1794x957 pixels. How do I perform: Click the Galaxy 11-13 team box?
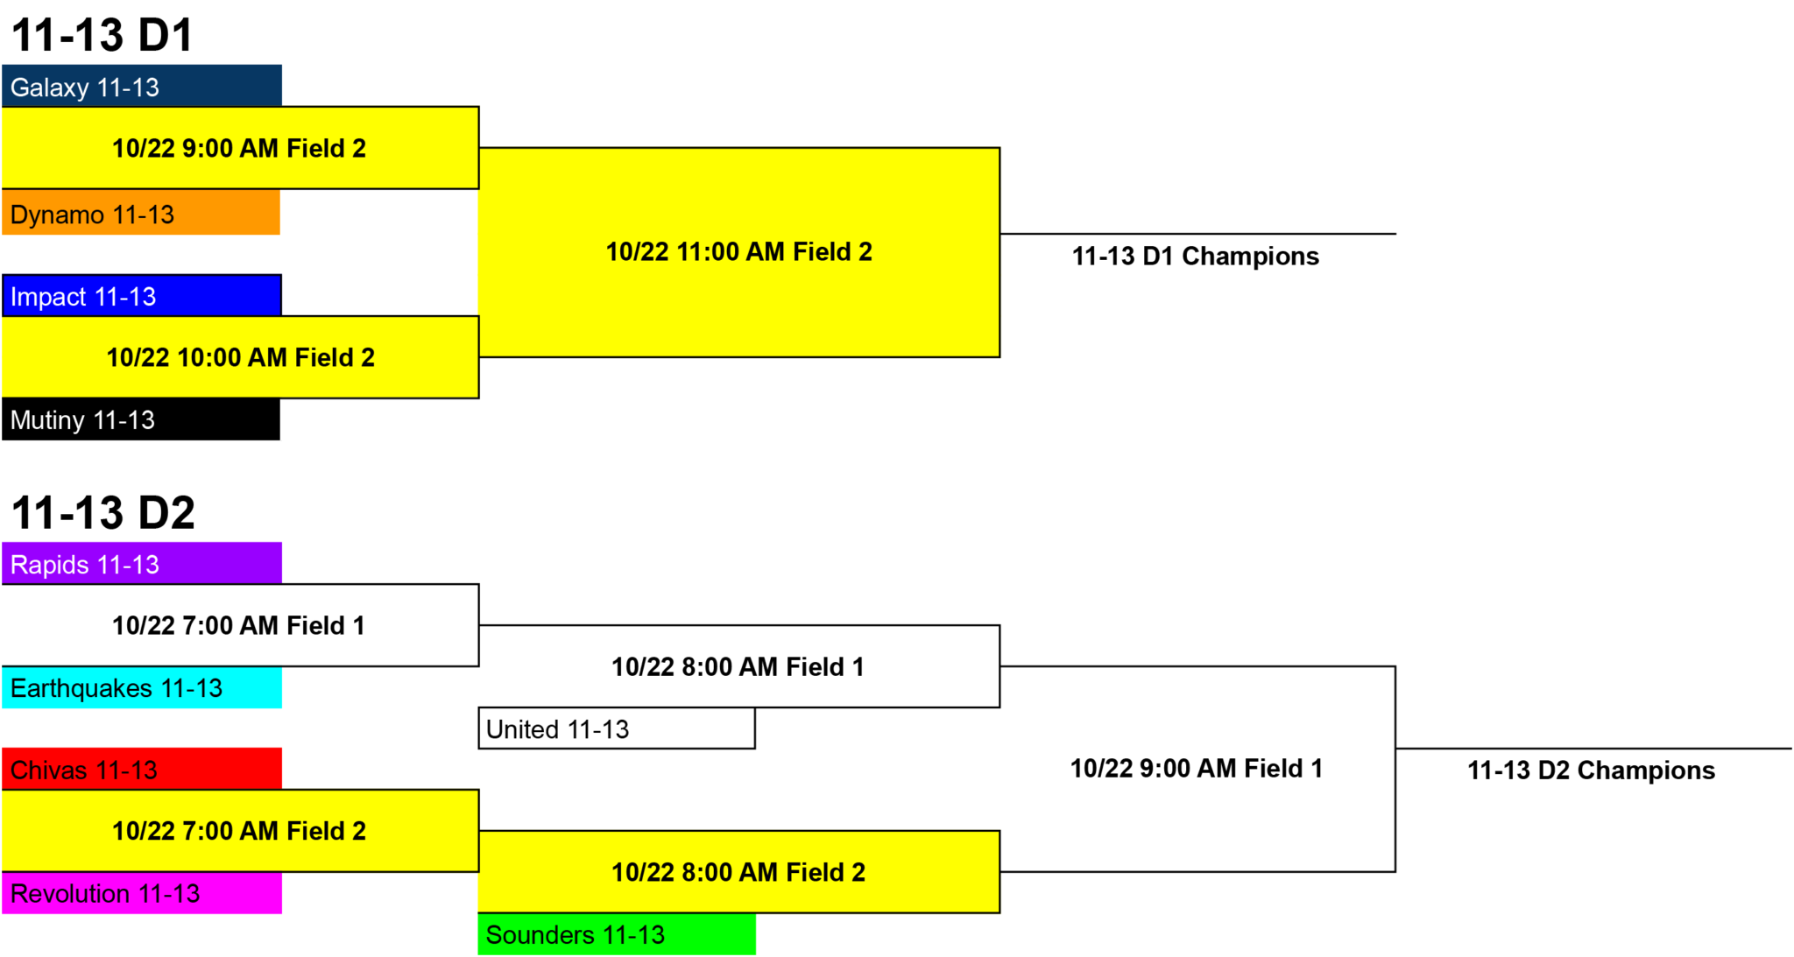(142, 86)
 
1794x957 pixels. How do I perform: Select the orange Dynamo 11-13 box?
(141, 213)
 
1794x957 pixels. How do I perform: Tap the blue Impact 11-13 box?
(142, 296)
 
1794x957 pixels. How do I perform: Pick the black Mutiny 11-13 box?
(141, 419)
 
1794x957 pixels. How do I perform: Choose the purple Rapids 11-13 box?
(142, 563)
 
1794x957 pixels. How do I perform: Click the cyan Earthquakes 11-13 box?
(142, 687)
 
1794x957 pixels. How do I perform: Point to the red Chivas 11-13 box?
(142, 769)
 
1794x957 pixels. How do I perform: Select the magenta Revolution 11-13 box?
(142, 893)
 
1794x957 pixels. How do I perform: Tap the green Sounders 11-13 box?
(617, 934)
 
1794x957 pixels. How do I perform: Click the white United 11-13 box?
(617, 728)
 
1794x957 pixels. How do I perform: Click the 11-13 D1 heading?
(102, 35)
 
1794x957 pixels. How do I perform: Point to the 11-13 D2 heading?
(102, 512)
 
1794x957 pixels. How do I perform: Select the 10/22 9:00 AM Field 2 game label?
(239, 148)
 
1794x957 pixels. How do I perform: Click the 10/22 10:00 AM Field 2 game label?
(241, 357)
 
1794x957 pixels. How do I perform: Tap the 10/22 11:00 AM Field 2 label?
(739, 251)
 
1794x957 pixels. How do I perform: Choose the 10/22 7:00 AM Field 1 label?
(238, 625)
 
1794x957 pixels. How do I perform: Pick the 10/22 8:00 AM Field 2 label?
(738, 872)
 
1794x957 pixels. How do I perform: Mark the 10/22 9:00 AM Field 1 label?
(1197, 768)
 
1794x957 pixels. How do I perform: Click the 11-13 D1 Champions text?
(1196, 256)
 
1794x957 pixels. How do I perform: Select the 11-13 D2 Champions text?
(1591, 770)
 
